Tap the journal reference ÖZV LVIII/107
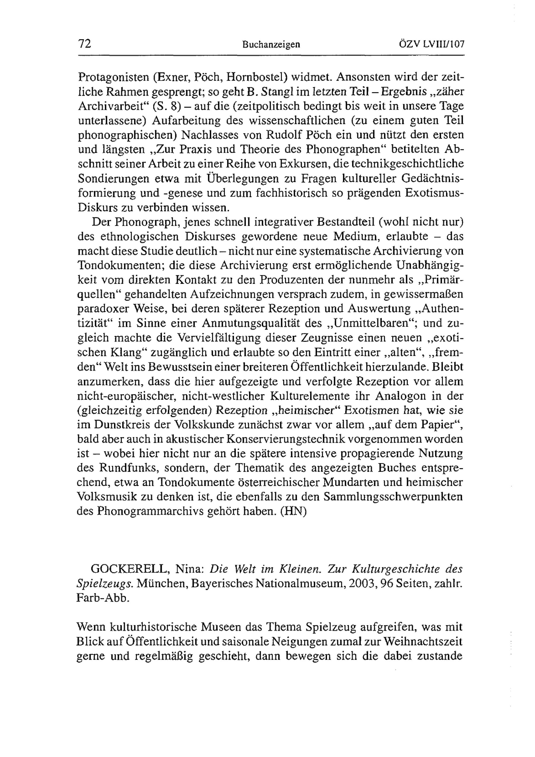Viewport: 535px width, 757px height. pyautogui.click(x=431, y=44)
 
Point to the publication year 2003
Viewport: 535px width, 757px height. pyautogui.click(x=361, y=584)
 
